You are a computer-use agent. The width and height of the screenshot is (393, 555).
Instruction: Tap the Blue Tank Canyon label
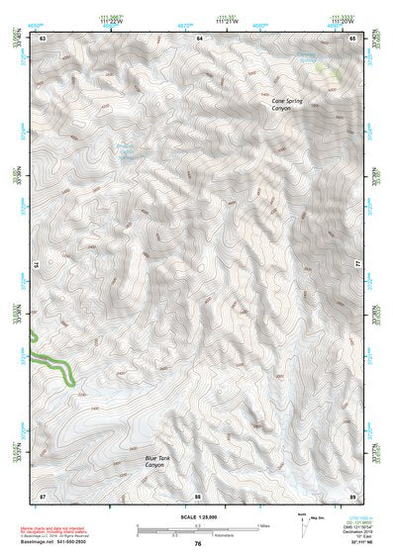coord(154,460)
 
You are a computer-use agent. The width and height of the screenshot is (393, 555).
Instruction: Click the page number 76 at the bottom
coord(198,543)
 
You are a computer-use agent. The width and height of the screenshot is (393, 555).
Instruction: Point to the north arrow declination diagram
coord(304,524)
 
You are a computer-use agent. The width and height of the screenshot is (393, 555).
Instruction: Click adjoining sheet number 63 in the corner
coord(43,38)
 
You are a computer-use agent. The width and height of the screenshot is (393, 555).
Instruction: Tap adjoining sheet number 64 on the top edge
coord(198,38)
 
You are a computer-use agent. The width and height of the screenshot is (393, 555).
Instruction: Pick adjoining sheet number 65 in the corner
coord(352,38)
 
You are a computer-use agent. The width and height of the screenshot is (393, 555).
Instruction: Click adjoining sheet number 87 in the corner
coord(43,495)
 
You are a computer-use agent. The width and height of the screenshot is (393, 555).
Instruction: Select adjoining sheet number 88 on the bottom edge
coord(198,495)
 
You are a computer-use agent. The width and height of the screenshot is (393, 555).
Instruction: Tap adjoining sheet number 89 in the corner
coord(352,495)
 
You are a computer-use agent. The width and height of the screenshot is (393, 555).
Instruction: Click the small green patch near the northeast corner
coord(328,70)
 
